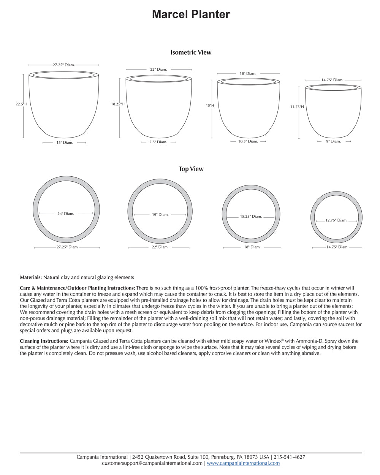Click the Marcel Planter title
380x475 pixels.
point(191,14)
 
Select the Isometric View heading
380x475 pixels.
point(191,52)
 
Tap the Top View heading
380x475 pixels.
point(191,169)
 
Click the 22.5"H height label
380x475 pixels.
point(21,104)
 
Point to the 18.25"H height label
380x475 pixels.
point(118,104)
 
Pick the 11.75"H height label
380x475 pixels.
point(297,107)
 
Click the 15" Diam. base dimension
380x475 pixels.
point(65,142)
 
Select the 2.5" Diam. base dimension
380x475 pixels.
point(158,142)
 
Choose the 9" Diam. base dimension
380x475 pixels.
point(334,141)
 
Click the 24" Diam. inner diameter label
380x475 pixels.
point(66,214)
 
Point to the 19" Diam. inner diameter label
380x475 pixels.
point(160,215)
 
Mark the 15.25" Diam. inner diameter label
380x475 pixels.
point(251,217)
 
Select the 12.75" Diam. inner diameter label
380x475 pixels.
point(336,220)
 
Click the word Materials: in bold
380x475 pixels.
point(31,277)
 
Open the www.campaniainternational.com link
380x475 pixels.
point(243,463)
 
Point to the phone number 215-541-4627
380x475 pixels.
point(289,457)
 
